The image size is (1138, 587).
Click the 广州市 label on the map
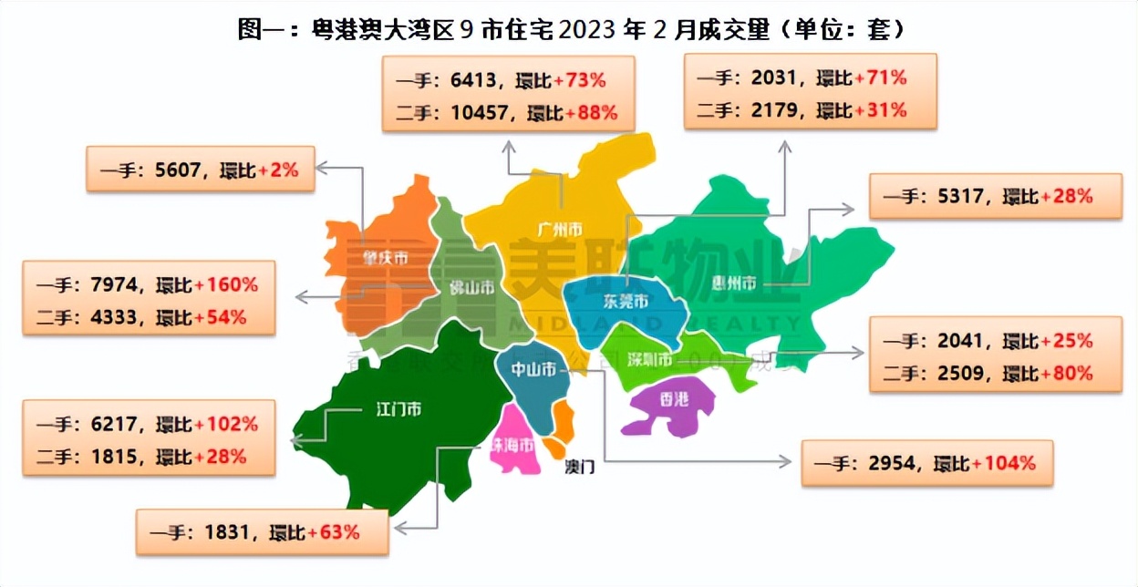pos(560,230)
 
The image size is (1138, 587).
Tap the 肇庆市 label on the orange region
pos(383,258)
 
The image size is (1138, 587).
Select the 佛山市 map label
pos(471,288)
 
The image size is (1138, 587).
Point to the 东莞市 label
pos(626,302)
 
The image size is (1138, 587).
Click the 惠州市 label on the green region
pos(734,284)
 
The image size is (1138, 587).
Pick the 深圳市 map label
pos(650,359)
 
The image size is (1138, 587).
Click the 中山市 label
pos(533,370)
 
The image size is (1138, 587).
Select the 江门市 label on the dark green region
pos(398,409)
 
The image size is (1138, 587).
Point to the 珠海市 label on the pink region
pos(513,444)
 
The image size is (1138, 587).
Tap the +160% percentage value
pos(225,284)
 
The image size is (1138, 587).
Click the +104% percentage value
pos(1004,463)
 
